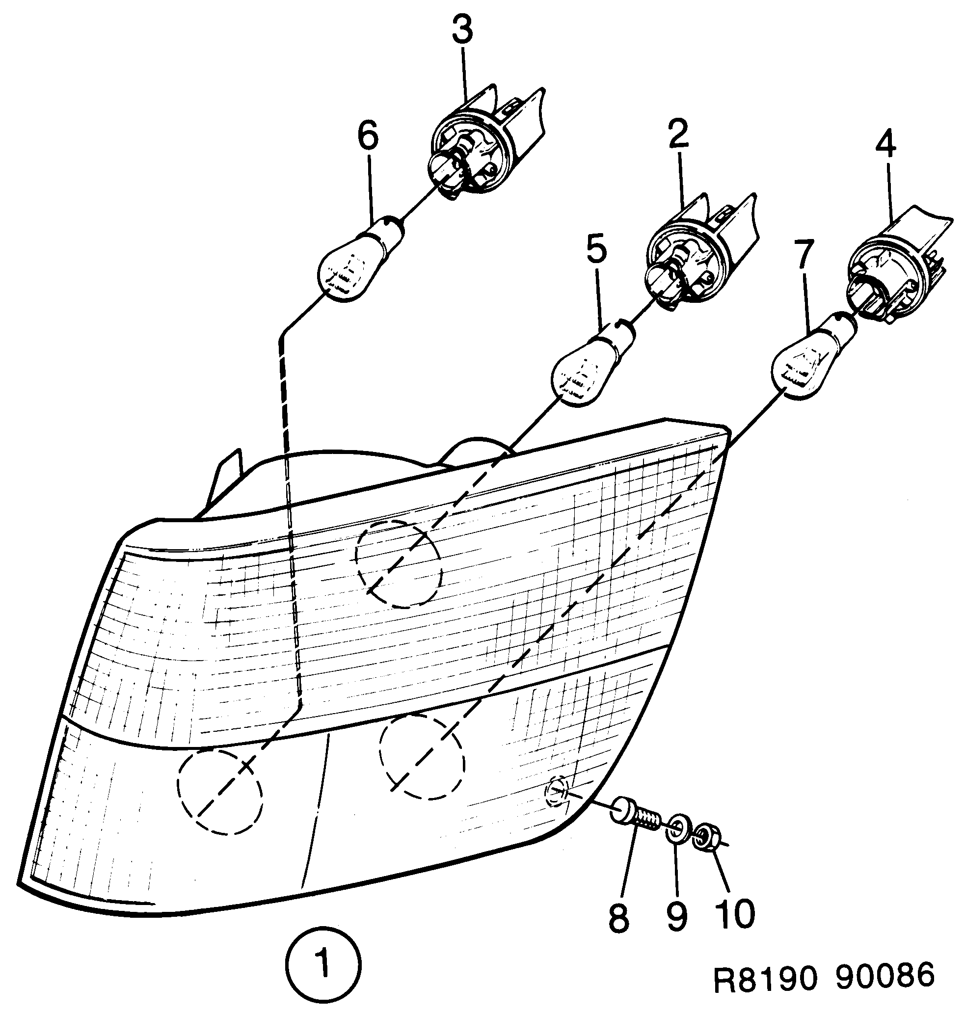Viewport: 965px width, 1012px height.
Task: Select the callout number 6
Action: click(x=368, y=135)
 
